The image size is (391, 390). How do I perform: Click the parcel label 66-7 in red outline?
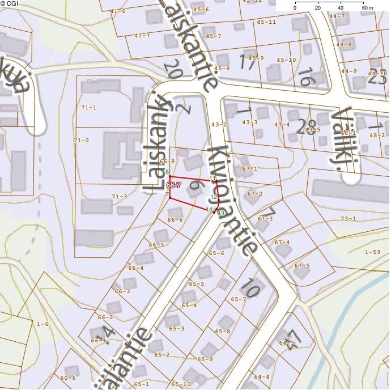pos(173,185)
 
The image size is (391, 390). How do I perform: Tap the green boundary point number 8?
pos(167,172)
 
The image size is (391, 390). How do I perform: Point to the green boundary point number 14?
pos(209,209)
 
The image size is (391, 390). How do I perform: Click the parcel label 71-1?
pos(89,107)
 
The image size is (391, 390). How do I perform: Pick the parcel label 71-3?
pos(119,196)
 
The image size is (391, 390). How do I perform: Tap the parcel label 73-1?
pos(348,218)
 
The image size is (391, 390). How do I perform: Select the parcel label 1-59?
pos(373,252)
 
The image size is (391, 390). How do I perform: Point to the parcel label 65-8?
pos(223,331)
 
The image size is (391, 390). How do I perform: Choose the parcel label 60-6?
pos(67,378)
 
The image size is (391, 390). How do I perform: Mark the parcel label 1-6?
pos(42,324)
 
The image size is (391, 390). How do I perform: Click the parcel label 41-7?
pos(142,35)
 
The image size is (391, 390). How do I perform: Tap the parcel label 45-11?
pos(266,22)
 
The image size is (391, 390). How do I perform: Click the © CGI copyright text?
pos(10,3)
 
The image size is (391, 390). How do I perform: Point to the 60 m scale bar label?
pos(367,9)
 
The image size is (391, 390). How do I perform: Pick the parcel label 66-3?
pos(122,291)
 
